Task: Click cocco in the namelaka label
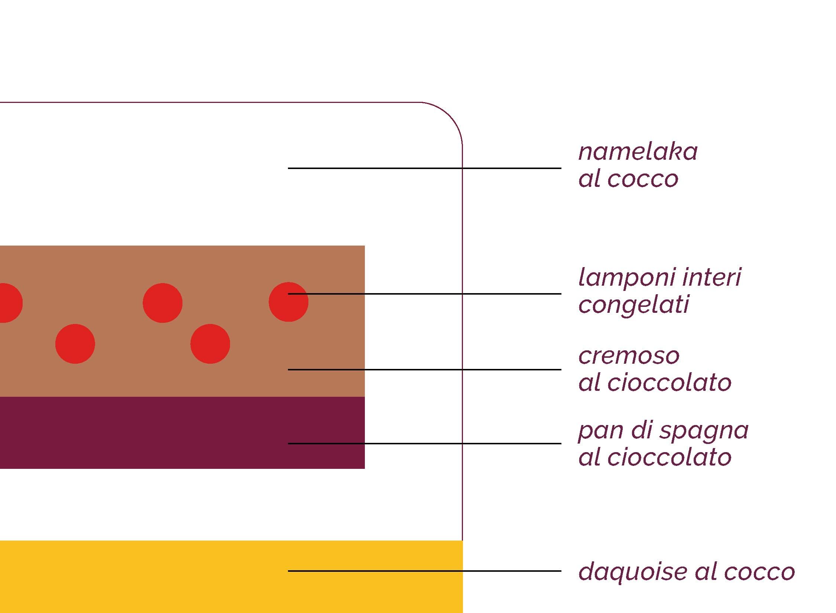tap(643, 179)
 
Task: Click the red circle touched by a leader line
tap(288, 302)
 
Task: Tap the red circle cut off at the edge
tap(10, 303)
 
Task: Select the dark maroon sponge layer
tap(182, 433)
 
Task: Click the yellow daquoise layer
tap(231, 577)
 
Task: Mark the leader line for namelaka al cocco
tap(424, 168)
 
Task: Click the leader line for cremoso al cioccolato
tap(424, 370)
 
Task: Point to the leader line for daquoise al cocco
tap(424, 571)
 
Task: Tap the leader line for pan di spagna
tap(424, 444)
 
